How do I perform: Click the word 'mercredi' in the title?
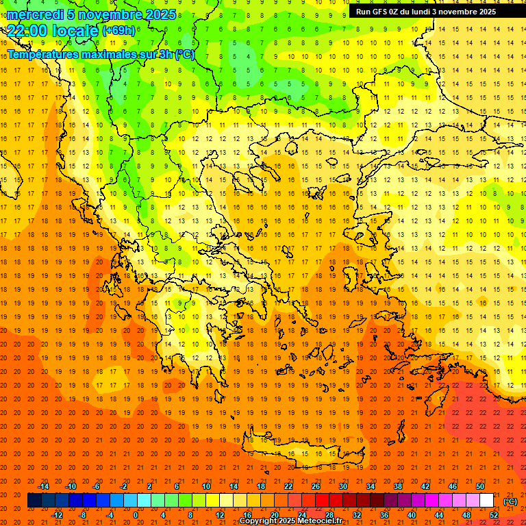click(x=36, y=14)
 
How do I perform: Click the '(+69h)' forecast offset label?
click(x=118, y=30)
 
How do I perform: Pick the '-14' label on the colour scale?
click(x=43, y=486)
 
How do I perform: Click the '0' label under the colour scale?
click(x=136, y=515)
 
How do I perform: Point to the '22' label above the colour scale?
click(x=288, y=486)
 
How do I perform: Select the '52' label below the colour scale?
click(x=494, y=515)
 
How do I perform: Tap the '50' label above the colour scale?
click(x=480, y=486)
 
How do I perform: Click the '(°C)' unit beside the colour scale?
click(x=510, y=501)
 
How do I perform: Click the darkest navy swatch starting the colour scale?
click(x=34, y=501)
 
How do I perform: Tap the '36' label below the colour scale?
click(x=384, y=515)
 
